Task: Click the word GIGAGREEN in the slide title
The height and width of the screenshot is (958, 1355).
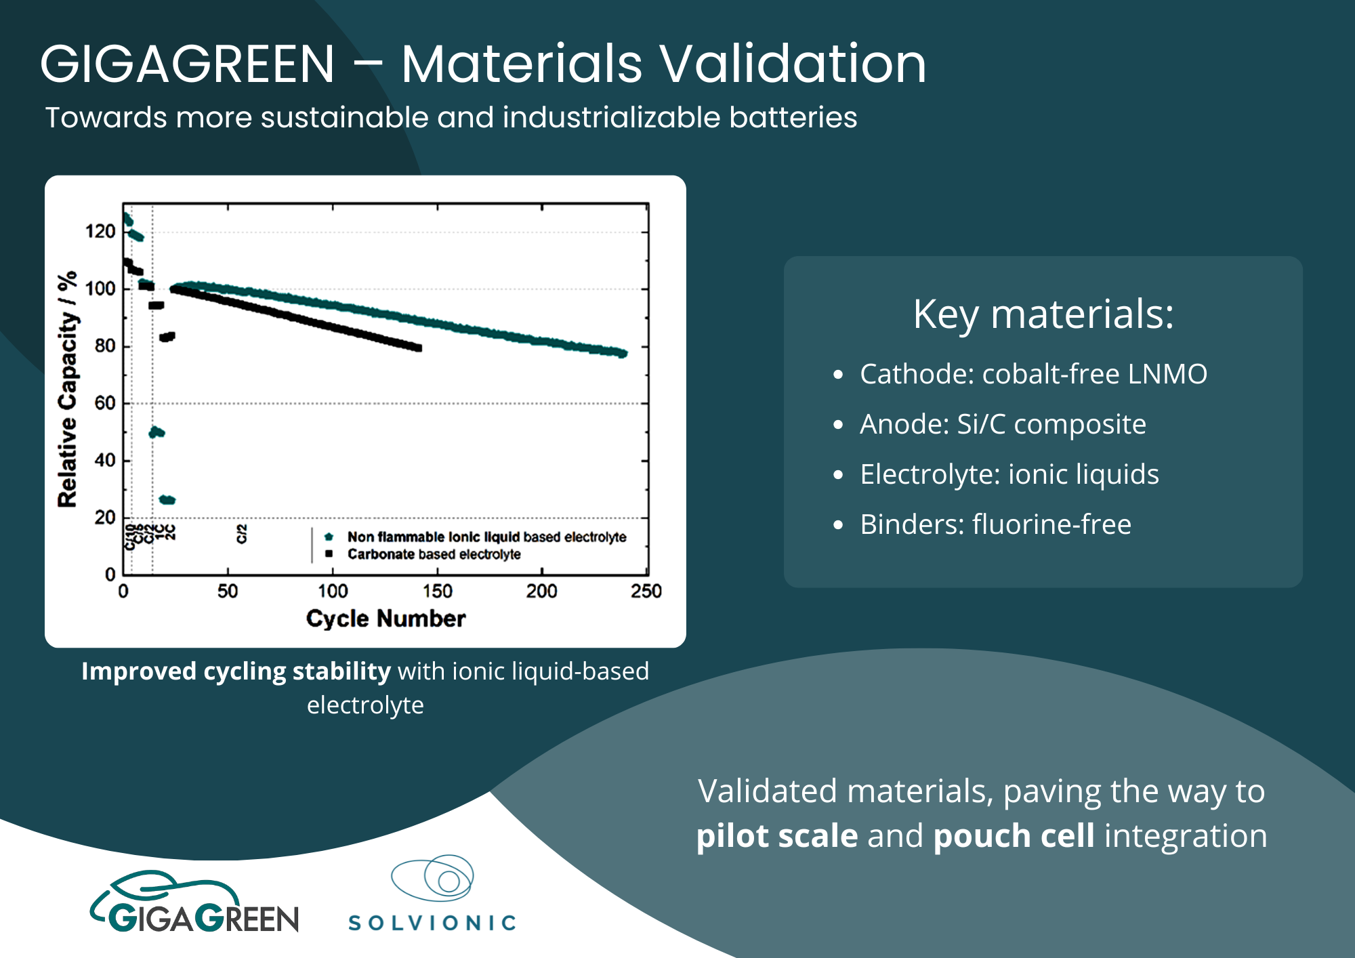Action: (x=187, y=64)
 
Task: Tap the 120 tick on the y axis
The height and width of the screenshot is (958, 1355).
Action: (x=100, y=232)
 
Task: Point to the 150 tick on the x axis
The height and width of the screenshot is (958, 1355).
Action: (x=437, y=591)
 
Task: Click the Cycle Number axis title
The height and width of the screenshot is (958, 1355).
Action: (x=385, y=619)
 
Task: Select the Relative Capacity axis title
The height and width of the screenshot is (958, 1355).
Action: (x=67, y=390)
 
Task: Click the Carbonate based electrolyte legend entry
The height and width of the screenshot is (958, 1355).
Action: (x=434, y=555)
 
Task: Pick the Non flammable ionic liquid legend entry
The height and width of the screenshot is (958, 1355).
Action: (x=486, y=537)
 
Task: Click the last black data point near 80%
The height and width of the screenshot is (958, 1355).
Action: (x=418, y=348)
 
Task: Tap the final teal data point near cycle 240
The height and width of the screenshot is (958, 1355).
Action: (x=623, y=353)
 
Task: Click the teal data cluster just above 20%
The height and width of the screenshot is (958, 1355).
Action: (x=167, y=500)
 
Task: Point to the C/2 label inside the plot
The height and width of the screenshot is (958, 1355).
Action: (x=242, y=533)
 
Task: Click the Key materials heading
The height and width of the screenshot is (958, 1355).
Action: (x=1043, y=314)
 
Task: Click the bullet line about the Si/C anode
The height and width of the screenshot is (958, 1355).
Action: (x=1003, y=424)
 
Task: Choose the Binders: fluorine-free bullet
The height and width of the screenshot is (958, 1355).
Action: (x=995, y=524)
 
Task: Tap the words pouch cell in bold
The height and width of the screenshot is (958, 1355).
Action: (x=1014, y=835)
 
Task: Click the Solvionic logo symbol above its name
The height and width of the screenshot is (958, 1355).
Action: (x=434, y=878)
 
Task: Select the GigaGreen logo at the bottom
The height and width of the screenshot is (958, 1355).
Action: (x=195, y=903)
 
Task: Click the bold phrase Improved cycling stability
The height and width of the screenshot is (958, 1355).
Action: (x=236, y=671)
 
